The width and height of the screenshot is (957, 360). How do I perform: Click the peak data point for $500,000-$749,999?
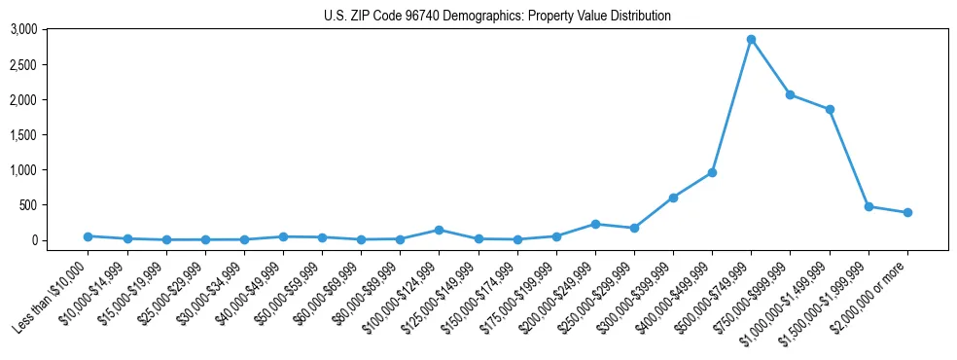751,39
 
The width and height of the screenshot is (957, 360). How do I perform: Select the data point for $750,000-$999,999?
790,94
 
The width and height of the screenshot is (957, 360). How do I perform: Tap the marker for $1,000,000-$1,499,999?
830,109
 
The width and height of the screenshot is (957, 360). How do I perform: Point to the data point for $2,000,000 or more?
907,212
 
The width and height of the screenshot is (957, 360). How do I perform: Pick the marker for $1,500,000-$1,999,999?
868,206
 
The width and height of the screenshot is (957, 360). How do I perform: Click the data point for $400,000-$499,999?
712,172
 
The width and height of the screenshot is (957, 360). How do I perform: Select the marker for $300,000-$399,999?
673,198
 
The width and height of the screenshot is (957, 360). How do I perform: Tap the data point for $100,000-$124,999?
439,230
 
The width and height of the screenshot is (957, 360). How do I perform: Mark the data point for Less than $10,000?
88,236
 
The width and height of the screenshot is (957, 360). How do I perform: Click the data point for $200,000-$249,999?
595,224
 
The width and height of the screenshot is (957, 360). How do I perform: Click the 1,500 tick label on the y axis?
24,134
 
